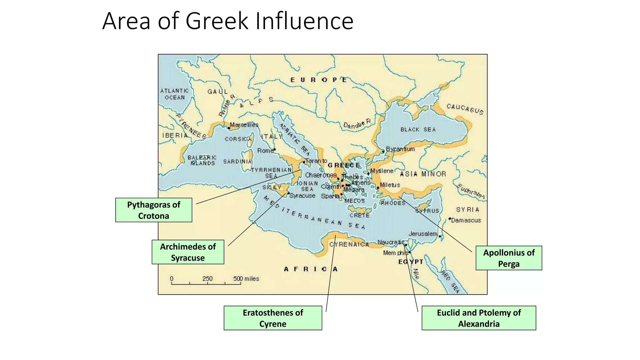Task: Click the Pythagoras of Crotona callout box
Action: [153, 210]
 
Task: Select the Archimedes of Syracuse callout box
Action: [188, 252]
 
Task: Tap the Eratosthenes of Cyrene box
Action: [273, 318]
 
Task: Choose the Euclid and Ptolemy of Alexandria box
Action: [478, 318]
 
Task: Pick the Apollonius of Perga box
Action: [508, 258]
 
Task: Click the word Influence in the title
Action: [304, 21]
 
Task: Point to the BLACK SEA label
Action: [418, 129]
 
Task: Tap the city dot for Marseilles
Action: [229, 128]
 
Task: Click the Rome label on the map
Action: [265, 151]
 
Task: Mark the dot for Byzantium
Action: [383, 152]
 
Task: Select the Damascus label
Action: [466, 220]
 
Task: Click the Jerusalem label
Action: [423, 234]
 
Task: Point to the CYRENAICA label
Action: [349, 244]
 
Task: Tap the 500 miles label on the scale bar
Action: [246, 278]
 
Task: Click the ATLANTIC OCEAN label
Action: [174, 94]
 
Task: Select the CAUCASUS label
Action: [465, 109]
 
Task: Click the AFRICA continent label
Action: [311, 269]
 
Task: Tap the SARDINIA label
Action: [237, 162]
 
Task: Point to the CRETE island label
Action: [359, 215]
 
